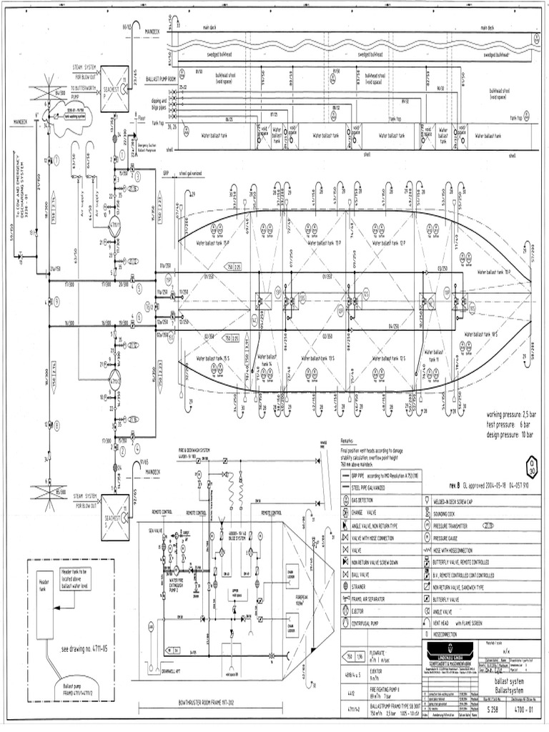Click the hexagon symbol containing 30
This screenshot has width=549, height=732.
(528, 462)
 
